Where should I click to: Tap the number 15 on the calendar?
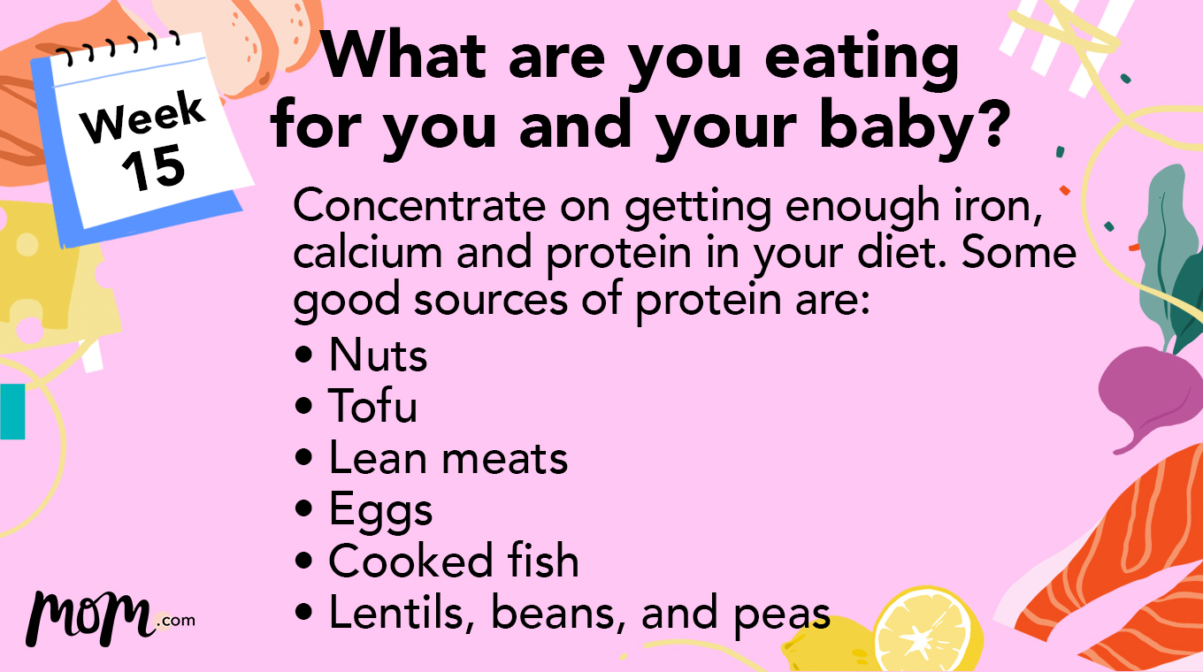(x=154, y=168)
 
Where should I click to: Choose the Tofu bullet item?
(x=372, y=407)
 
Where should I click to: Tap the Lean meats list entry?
(x=448, y=458)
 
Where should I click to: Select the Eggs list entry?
(x=380, y=511)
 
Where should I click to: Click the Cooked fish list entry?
(x=453, y=561)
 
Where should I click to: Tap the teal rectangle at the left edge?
(x=11, y=411)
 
